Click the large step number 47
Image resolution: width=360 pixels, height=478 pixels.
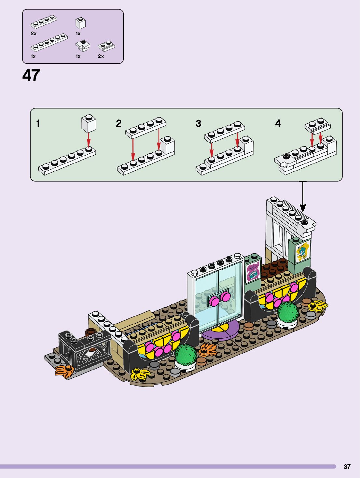[x=31, y=76]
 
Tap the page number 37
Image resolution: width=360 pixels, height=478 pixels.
[x=347, y=467]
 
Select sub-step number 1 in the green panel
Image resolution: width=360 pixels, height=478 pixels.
[x=38, y=124]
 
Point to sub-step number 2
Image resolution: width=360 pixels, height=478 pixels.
[x=118, y=123]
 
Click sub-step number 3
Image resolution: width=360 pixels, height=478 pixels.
[x=198, y=123]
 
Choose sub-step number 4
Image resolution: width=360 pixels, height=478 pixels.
[x=278, y=123]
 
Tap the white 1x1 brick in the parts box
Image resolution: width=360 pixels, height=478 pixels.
[x=80, y=23]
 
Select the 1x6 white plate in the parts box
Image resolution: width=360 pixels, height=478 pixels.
[x=49, y=42]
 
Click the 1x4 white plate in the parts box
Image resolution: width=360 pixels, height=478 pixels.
[x=44, y=22]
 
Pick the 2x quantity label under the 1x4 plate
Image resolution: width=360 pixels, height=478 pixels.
[x=34, y=34]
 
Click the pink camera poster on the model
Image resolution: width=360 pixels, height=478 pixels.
[x=253, y=272]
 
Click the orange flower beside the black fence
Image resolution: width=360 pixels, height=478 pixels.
[x=64, y=371]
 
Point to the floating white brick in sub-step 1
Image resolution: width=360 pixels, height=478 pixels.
[x=89, y=123]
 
